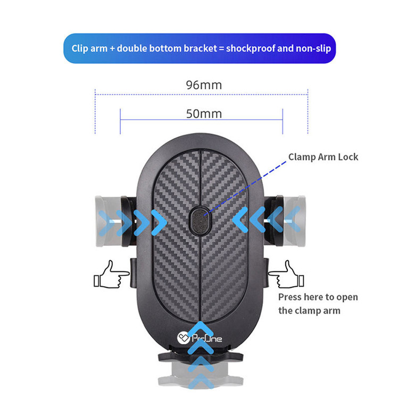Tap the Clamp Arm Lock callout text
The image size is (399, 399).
323,157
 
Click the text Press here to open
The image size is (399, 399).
318,297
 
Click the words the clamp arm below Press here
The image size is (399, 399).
309,311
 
